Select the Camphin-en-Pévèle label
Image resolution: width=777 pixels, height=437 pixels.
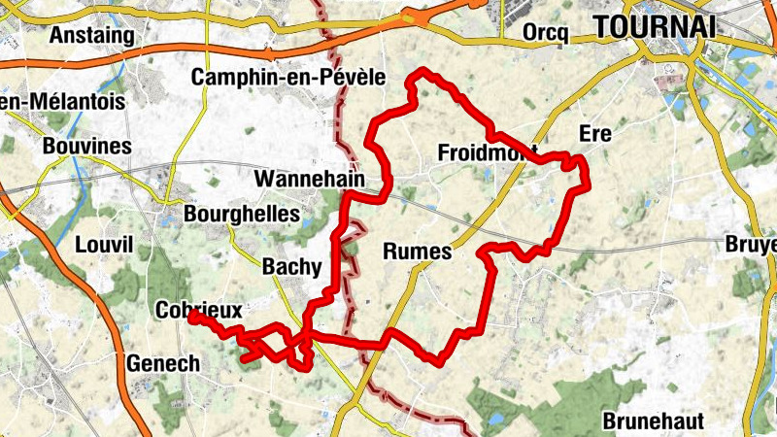tap(289, 77)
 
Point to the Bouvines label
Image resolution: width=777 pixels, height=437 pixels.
tap(87, 147)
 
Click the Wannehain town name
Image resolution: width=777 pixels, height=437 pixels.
tap(309, 180)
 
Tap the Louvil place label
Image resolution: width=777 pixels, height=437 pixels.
tap(102, 246)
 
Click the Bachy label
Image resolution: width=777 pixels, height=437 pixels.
tap(291, 265)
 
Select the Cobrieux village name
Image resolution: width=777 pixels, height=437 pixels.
tap(197, 310)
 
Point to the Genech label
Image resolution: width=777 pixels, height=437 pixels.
tap(163, 363)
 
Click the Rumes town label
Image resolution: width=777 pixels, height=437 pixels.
tap(418, 252)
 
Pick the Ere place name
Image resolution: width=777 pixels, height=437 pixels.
tap(594, 134)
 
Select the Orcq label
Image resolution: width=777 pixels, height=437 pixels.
tap(544, 32)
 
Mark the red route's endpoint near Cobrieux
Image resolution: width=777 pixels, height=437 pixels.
tap(193, 317)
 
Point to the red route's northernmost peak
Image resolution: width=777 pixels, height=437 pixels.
tap(422, 71)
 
